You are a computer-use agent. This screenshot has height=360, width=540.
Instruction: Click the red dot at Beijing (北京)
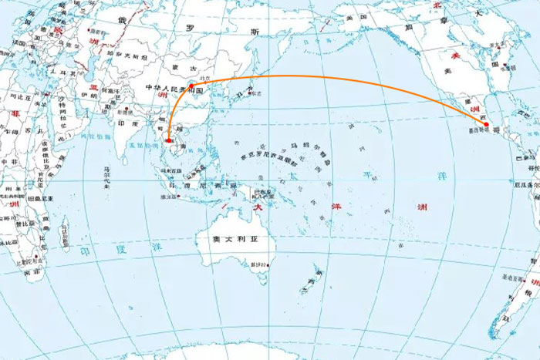click(x=191, y=86)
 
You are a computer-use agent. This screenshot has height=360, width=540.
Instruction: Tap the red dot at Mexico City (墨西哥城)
click(x=486, y=124)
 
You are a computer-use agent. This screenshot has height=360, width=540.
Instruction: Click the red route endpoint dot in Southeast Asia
click(x=168, y=141)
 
